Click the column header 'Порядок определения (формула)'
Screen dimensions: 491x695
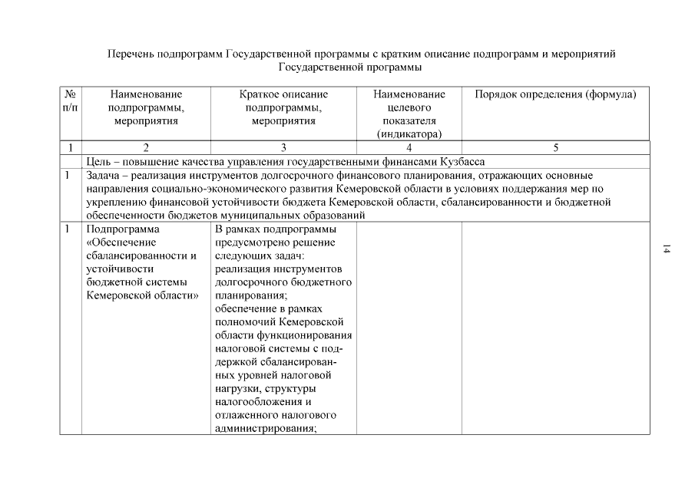tap(555, 94)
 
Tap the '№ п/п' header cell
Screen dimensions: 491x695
tap(70, 101)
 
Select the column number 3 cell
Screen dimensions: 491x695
tap(283, 147)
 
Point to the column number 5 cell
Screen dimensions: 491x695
tap(555, 147)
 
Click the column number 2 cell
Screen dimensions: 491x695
tap(146, 147)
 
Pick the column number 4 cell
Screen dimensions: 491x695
tap(409, 147)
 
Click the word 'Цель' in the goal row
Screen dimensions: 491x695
tap(99, 161)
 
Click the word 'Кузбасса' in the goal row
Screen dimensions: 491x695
tap(463, 161)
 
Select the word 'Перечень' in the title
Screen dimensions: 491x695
tap(129, 54)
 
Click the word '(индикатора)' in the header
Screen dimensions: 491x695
tap(409, 133)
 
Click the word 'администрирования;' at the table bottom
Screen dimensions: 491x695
tap(266, 429)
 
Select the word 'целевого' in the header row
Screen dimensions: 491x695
tap(409, 107)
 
